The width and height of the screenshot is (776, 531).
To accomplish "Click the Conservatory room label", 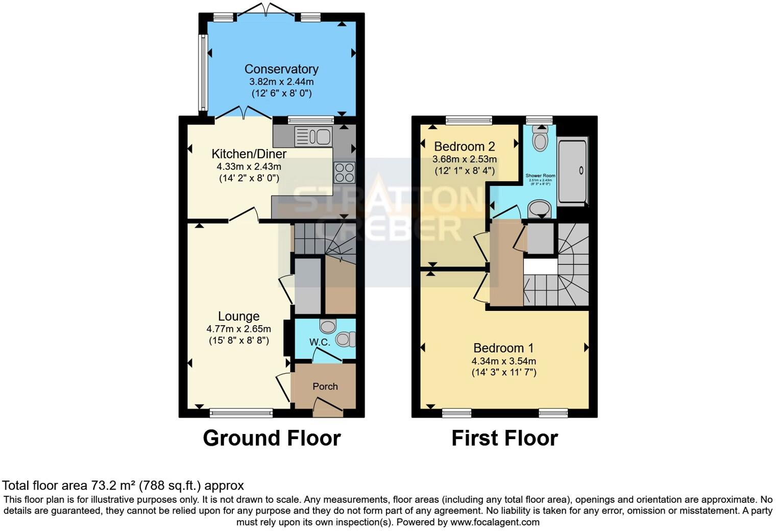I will [281, 69].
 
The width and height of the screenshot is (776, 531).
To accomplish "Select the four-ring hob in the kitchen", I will [344, 172].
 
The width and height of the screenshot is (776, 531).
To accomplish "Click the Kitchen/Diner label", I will [249, 154].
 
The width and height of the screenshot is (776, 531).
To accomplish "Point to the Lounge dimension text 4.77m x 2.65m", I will [238, 329].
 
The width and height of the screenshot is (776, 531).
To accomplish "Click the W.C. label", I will [320, 342].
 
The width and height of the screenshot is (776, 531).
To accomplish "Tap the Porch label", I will [325, 387].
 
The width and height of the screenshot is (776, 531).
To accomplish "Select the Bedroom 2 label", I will [465, 147].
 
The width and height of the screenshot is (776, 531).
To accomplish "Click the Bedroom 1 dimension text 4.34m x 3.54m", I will [503, 361].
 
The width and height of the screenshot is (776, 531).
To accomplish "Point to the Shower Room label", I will [540, 176].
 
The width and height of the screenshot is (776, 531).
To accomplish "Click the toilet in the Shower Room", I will [540, 137].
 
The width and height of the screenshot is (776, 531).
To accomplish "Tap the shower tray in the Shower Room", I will [572, 171].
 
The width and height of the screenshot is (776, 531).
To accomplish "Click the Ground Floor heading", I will [272, 438].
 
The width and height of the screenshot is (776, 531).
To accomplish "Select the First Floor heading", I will [504, 438].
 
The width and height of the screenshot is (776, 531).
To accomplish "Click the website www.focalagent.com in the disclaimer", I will [495, 522].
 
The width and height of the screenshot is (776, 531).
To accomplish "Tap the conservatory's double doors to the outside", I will [264, 10].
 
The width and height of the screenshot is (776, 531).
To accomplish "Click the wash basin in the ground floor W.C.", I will [328, 325].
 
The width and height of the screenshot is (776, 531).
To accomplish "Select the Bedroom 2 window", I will [469, 120].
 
